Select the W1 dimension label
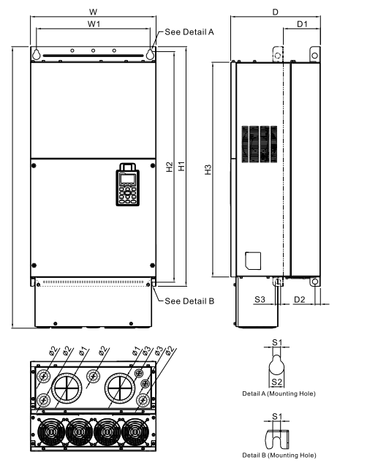(94, 24)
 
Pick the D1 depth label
(302, 25)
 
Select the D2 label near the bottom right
(299, 299)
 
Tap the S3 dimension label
(260, 299)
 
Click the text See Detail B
(189, 301)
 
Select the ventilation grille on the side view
(260, 142)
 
